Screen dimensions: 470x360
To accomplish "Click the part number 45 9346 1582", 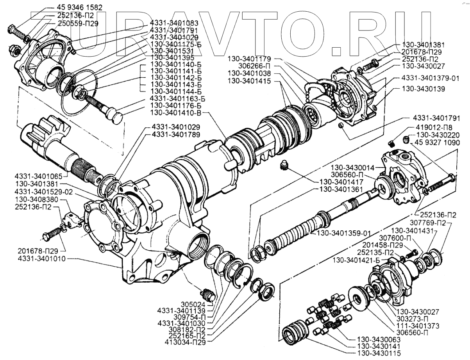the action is (79, 7).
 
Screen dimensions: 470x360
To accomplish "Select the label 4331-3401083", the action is (174, 23).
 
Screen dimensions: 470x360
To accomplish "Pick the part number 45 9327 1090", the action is (437, 143).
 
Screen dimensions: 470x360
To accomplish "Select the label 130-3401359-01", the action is (343, 233).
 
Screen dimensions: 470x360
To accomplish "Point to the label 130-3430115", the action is (379, 353).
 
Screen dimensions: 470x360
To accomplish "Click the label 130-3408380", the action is (37, 199).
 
